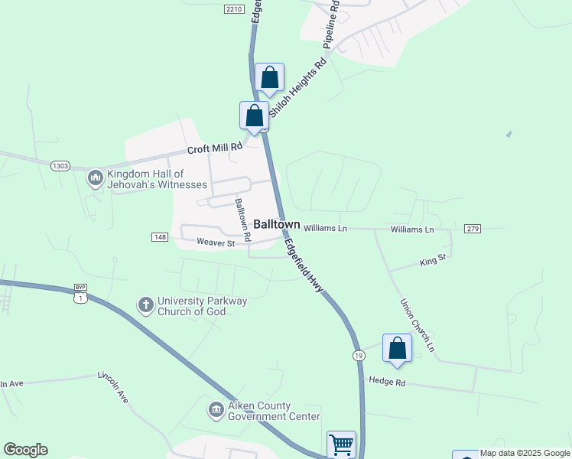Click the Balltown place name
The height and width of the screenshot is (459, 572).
[x=276, y=225]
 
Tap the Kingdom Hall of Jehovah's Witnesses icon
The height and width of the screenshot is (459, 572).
[x=96, y=178]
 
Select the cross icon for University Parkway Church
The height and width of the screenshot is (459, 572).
[x=145, y=305]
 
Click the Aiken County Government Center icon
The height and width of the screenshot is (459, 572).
[x=216, y=410]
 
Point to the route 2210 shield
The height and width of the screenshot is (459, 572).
[x=234, y=8]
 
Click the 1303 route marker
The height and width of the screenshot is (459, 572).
[x=60, y=165]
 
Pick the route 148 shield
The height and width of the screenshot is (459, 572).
[x=160, y=237]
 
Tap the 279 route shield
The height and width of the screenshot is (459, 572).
[x=472, y=229]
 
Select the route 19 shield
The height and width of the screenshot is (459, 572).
[x=359, y=356]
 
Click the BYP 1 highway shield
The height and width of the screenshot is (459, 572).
[x=80, y=293]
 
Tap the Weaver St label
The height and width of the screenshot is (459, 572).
[x=215, y=243]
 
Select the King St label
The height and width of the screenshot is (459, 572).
[x=432, y=262]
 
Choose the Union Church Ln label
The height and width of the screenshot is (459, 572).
[x=418, y=325]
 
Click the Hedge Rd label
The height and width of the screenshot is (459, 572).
[x=385, y=380]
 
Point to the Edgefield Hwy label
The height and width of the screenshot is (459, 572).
[x=304, y=265]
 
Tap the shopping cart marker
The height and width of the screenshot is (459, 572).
[x=341, y=444]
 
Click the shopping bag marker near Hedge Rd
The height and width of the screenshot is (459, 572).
[x=398, y=348]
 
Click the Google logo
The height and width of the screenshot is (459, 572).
[x=25, y=450]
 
